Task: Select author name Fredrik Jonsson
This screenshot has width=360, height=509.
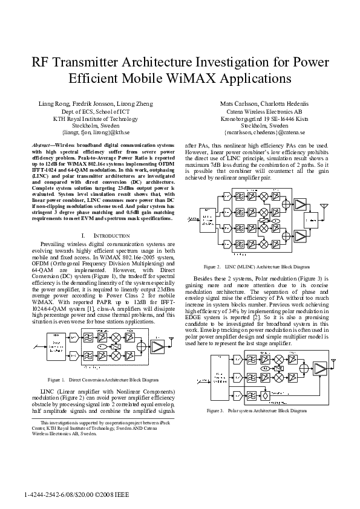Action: (x=93, y=103)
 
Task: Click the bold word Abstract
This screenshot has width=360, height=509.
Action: (x=41, y=146)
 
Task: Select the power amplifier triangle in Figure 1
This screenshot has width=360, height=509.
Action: (x=157, y=346)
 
